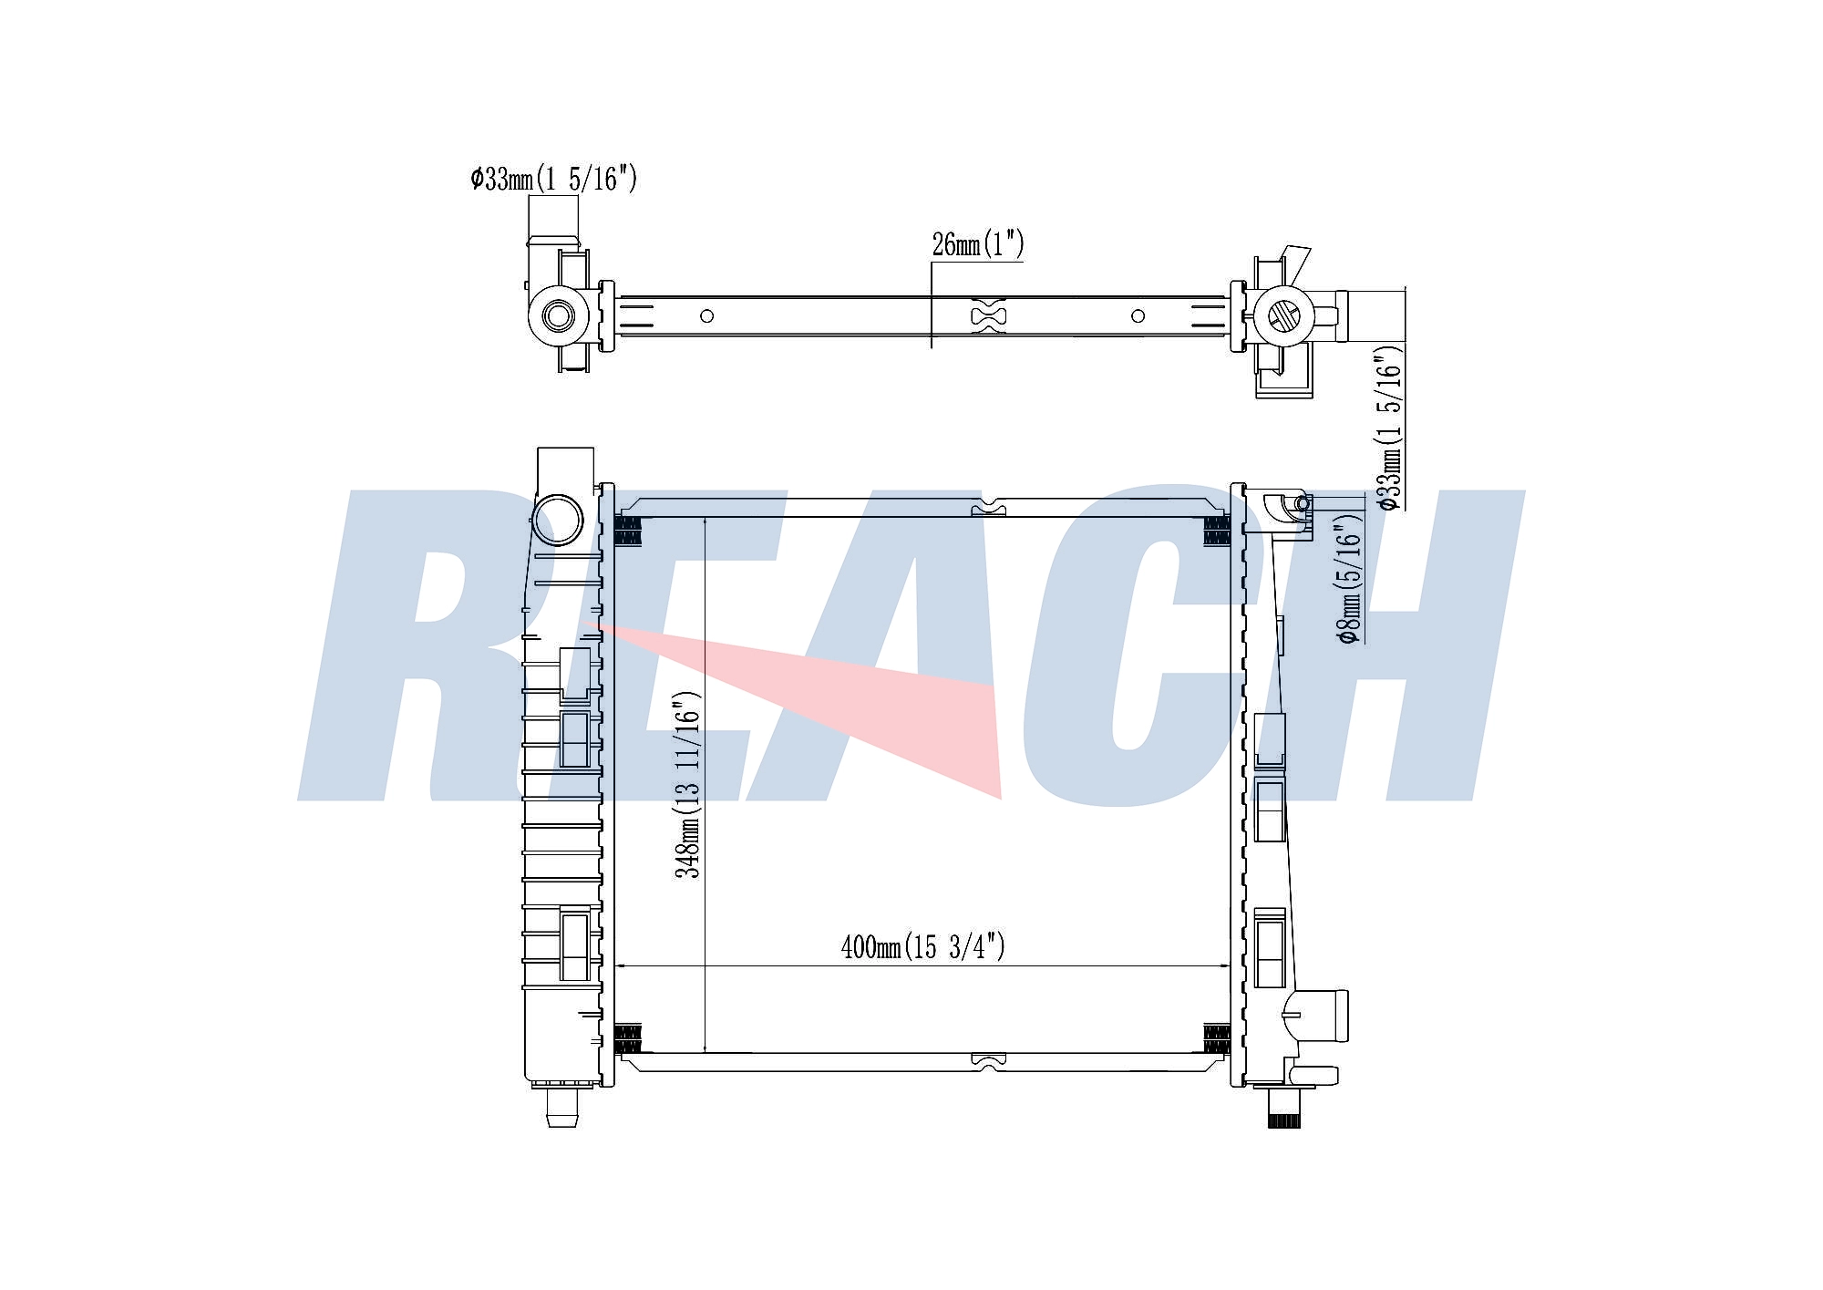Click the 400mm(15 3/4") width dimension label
click(922, 947)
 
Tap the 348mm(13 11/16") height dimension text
click(687, 785)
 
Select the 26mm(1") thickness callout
click(978, 244)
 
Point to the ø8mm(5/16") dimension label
click(1351, 578)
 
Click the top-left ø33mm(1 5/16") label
click(553, 179)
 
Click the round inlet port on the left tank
click(557, 521)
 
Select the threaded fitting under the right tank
click(1283, 1110)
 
